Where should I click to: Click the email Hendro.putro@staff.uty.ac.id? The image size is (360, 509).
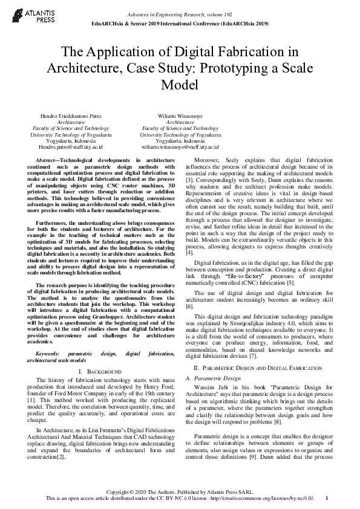pos(71,146)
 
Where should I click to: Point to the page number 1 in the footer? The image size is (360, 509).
pos(326,498)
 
